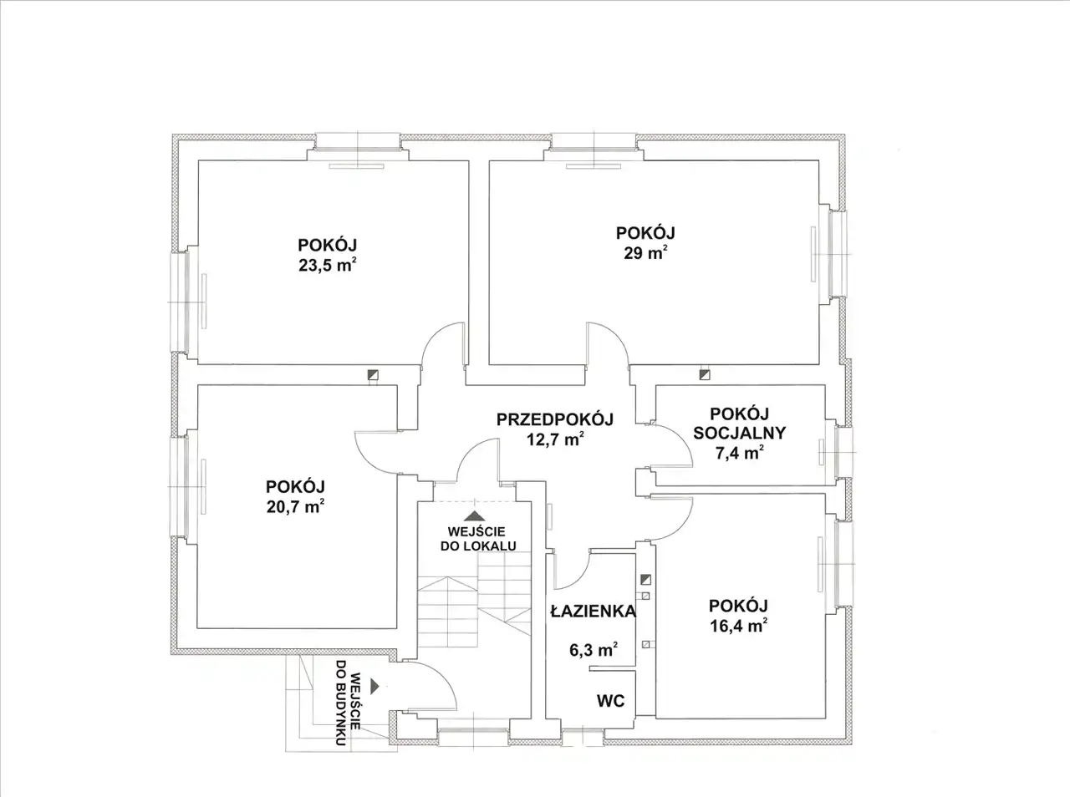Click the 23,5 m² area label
click(327, 265)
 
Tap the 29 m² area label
click(645, 253)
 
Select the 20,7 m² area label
click(295, 507)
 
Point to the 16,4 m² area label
click(738, 626)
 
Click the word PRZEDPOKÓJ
click(555, 419)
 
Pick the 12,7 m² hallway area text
click(555, 439)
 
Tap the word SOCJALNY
click(740, 433)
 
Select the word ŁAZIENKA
click(594, 611)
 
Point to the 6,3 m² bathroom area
click(594, 649)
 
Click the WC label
click(611, 701)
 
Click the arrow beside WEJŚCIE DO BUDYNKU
click(374, 686)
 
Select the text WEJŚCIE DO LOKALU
click(478, 539)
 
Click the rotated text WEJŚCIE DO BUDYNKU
click(348, 703)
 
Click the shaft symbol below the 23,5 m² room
click(373, 374)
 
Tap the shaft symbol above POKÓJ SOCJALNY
click(705, 374)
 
